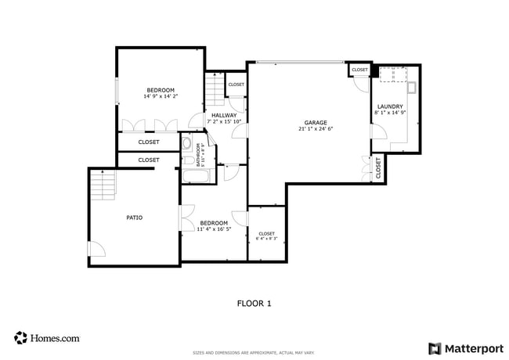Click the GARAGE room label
[316, 123]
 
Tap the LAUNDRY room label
[390, 106]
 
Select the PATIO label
[135, 218]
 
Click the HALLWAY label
[224, 115]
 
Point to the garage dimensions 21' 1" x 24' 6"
[316, 129]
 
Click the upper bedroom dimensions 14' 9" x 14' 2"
[161, 95]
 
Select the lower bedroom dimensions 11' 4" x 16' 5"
[214, 229]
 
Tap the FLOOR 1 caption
[254, 303]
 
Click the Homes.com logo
[47, 338]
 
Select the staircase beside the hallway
[213, 90]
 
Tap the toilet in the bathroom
[188, 144]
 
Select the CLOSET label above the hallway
[236, 85]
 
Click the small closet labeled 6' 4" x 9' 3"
[266, 234]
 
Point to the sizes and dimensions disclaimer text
[254, 352]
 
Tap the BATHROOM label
[200, 155]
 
